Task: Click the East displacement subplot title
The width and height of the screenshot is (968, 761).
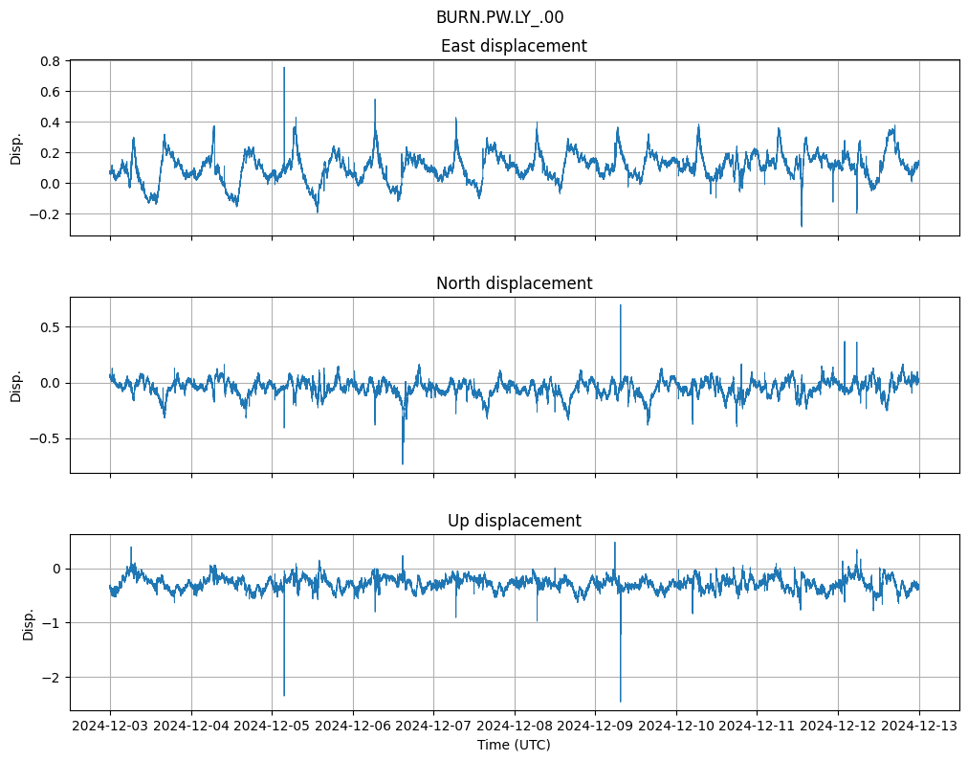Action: pos(514,46)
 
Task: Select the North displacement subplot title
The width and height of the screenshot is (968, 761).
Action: pos(514,283)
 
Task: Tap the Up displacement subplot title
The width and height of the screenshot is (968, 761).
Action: pos(514,521)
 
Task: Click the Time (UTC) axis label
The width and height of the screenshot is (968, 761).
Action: pos(514,745)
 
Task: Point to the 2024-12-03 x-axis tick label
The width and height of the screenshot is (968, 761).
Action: pos(110,727)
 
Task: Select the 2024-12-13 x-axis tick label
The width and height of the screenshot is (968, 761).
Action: pos(919,727)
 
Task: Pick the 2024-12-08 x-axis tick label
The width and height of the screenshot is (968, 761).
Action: pos(515,727)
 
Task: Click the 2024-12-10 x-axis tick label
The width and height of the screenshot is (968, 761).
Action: pos(676,727)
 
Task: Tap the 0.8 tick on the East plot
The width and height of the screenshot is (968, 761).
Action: pos(50,61)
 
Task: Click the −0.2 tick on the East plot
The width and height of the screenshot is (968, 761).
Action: pos(46,214)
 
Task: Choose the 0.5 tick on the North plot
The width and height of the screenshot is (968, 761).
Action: pos(50,327)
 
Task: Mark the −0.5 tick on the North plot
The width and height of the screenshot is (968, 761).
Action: pos(46,439)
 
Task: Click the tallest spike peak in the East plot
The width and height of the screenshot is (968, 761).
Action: pos(284,67)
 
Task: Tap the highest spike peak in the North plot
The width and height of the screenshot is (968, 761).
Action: pos(621,305)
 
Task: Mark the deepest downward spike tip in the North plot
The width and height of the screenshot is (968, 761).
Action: pos(403,464)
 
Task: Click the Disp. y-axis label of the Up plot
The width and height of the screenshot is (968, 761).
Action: pos(28,622)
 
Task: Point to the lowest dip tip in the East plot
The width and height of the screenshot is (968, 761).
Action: pos(802,226)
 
